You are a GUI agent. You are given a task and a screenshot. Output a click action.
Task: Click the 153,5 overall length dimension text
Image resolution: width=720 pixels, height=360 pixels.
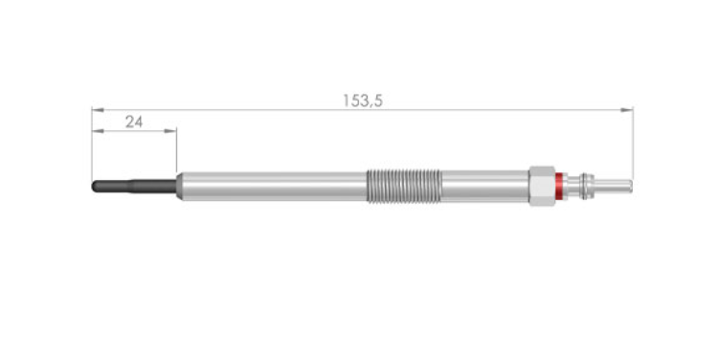click(x=363, y=101)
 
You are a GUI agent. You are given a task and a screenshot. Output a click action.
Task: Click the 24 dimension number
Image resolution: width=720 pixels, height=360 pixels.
click(x=134, y=123)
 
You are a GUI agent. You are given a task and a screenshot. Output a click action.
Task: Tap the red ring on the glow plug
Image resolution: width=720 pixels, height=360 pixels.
click(x=559, y=186)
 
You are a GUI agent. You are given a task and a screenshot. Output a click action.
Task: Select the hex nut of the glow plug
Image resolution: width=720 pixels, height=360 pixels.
click(x=542, y=186)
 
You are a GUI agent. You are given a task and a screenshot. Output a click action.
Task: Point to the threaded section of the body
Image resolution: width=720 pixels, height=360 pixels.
click(x=404, y=186)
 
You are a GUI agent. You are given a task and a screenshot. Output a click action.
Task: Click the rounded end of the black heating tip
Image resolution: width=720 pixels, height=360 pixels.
click(x=95, y=186)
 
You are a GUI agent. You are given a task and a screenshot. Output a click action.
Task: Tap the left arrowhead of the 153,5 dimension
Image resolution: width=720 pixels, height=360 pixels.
click(x=98, y=110)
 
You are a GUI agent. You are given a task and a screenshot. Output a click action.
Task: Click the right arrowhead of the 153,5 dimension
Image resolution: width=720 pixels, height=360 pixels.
click(x=626, y=110)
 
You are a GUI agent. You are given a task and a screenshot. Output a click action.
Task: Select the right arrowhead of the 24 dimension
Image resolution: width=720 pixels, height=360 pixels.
click(x=170, y=131)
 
